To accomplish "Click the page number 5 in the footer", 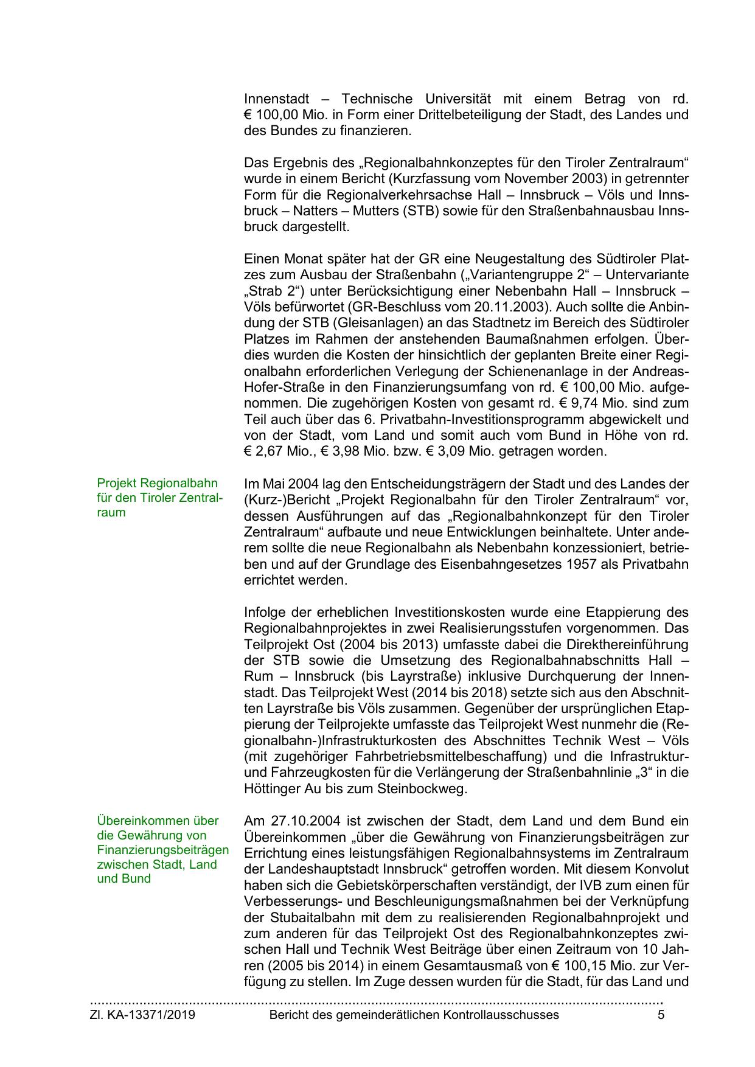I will (x=661, y=1015).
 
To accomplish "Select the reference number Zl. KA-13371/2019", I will (x=142, y=1015).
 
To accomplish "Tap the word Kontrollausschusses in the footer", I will (x=501, y=1015).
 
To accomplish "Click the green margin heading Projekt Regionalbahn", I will (x=157, y=483).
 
